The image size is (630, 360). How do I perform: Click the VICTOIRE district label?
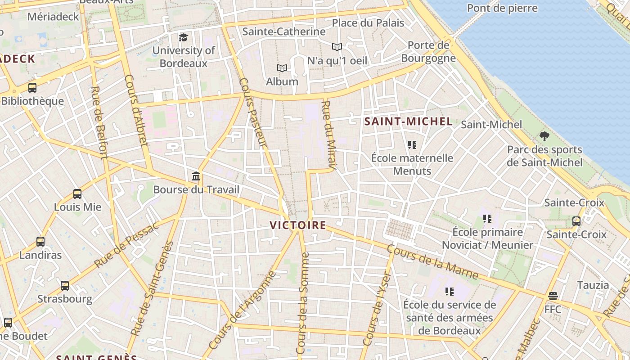[x=297, y=225]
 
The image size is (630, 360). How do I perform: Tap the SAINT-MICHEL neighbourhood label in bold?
[x=408, y=121]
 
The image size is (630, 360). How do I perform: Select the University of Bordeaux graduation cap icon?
[x=183, y=37]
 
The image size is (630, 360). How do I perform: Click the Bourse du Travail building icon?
[x=196, y=176]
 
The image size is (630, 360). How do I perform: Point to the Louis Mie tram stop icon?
[x=77, y=194]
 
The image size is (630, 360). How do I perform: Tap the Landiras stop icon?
[x=40, y=242]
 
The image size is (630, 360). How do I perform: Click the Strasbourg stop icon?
[x=65, y=286]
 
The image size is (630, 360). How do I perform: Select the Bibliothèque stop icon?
[x=32, y=88]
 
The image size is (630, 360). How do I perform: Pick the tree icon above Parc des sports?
[x=544, y=136]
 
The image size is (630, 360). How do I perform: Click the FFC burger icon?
[x=553, y=296]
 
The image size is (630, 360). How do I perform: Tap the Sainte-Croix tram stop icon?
[x=576, y=221]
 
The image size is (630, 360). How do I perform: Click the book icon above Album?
[x=282, y=68]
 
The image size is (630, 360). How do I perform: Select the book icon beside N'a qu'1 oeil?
[x=337, y=47]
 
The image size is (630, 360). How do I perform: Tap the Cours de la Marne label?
[x=432, y=261]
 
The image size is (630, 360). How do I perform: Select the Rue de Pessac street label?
[x=126, y=245]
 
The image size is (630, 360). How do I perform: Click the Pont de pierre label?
[x=502, y=8]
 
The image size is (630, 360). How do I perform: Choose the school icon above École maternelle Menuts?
[x=412, y=145]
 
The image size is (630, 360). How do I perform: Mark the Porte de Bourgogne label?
[x=428, y=52]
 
